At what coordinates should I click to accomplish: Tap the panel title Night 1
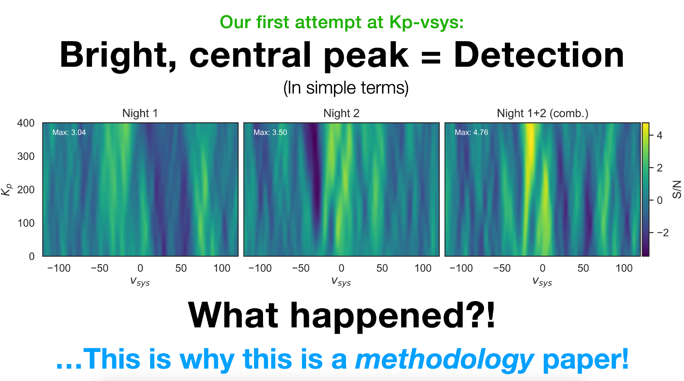[x=140, y=113]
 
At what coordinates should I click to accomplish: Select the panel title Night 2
[x=341, y=113]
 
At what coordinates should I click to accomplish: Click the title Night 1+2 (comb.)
[x=542, y=113]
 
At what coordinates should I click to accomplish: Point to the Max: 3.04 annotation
[x=69, y=132]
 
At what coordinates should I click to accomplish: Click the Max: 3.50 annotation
[x=270, y=132]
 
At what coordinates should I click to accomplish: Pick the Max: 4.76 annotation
[x=471, y=132]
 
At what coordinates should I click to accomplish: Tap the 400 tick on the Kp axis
[x=26, y=123]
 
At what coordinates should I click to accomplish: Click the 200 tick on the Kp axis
[x=26, y=190]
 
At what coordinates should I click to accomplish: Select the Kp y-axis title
[x=6, y=190]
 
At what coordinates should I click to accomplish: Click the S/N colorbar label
[x=677, y=190]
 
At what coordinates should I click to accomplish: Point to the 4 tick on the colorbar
[x=660, y=136]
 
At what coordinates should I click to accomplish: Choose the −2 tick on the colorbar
[x=662, y=233]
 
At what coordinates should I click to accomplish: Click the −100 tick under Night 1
[x=59, y=268]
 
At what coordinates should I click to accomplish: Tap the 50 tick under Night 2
[x=382, y=268]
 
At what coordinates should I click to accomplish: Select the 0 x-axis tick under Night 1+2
[x=542, y=268]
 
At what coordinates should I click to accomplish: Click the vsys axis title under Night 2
[x=341, y=282]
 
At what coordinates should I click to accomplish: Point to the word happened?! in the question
[x=393, y=316]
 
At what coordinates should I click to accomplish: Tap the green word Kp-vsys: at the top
[x=426, y=23]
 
